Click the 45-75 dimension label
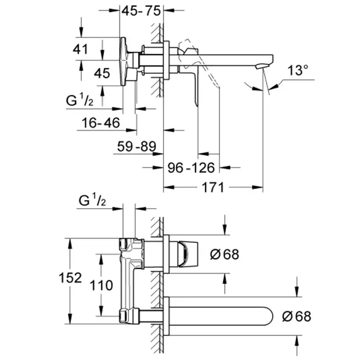click(x=141, y=11)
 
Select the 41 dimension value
click(x=80, y=49)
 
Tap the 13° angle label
click(x=298, y=70)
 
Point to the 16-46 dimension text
click(x=101, y=123)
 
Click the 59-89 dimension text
click(x=137, y=146)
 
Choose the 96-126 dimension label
click(x=191, y=168)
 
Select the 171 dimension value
click(x=212, y=188)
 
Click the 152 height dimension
click(x=70, y=278)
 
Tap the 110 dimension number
click(x=101, y=285)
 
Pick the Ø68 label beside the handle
click(x=225, y=254)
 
